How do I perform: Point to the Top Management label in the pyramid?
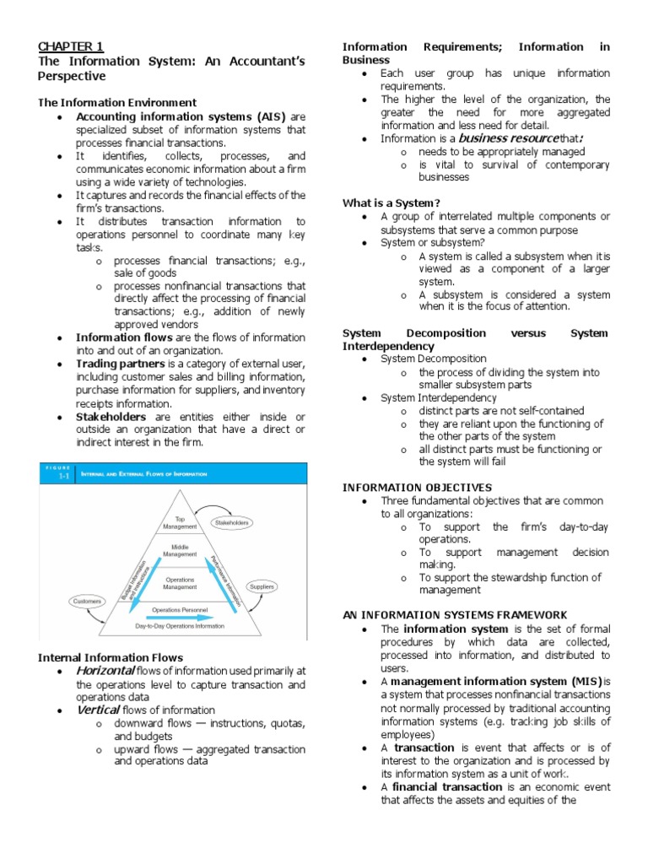[179, 523]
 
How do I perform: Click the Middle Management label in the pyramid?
[179, 550]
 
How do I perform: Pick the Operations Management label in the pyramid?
[179, 583]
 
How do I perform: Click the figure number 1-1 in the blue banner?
[62, 477]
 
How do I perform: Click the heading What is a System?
[391, 202]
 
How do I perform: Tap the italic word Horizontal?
[105, 670]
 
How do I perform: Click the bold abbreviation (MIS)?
[580, 681]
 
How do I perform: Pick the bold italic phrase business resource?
[508, 138]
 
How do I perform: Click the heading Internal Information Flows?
[111, 656]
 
